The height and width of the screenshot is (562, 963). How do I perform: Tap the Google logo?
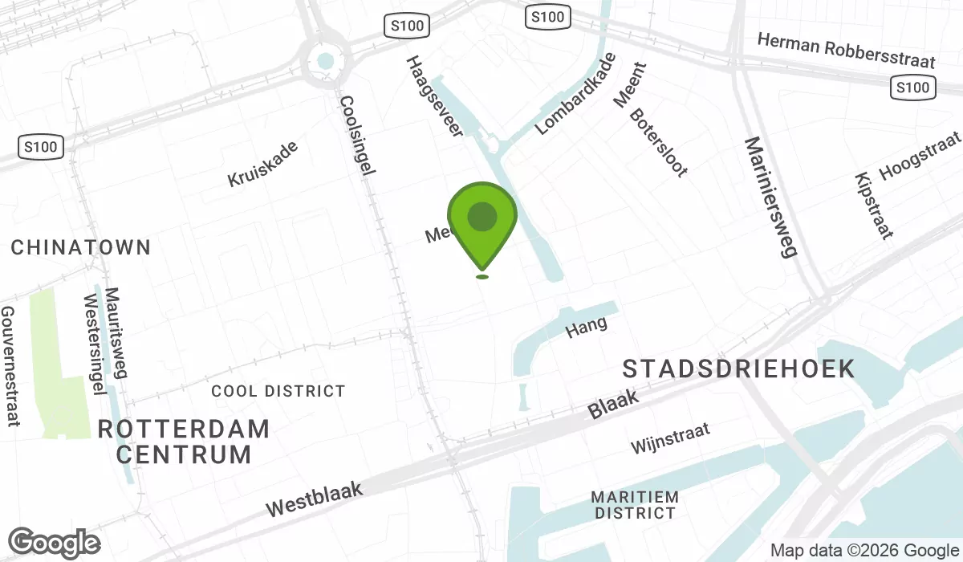pyautogui.click(x=54, y=543)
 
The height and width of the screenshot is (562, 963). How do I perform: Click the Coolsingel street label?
pyautogui.click(x=357, y=136)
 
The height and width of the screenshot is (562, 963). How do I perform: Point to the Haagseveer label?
pyautogui.click(x=434, y=96)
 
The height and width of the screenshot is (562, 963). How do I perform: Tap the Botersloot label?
pyautogui.click(x=658, y=142)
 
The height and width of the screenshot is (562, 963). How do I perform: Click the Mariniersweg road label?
pyautogui.click(x=770, y=196)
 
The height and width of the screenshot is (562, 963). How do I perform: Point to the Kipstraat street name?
pyautogui.click(x=874, y=206)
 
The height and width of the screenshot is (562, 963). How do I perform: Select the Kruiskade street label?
pyautogui.click(x=262, y=164)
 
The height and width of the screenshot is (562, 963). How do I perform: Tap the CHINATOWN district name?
pyautogui.click(x=80, y=247)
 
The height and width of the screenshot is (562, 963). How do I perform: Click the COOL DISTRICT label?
pyautogui.click(x=278, y=391)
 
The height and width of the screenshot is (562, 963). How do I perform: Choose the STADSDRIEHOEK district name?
pyautogui.click(x=738, y=369)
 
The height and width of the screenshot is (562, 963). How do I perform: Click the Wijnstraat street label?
pyautogui.click(x=670, y=439)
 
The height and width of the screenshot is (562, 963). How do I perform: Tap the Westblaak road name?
pyautogui.click(x=315, y=499)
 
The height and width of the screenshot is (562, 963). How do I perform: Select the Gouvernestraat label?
pyautogui.click(x=10, y=366)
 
